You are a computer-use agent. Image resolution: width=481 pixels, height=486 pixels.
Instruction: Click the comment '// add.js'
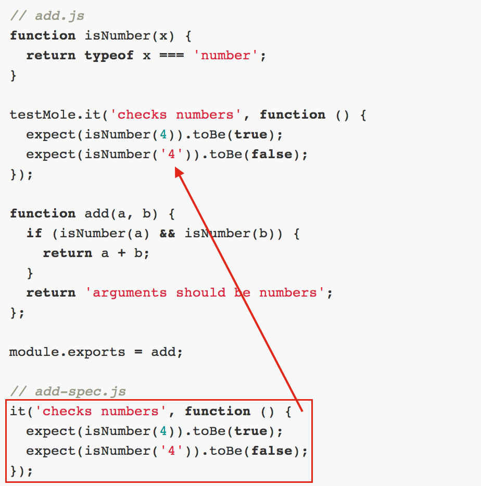[x=47, y=16]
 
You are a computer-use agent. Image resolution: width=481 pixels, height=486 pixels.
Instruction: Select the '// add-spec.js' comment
[x=68, y=391]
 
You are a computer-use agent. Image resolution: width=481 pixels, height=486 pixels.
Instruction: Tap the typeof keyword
[x=109, y=55]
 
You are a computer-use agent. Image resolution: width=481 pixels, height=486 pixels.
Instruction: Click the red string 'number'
[x=226, y=55]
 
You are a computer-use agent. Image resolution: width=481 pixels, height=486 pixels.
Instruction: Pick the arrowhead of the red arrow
[x=179, y=172]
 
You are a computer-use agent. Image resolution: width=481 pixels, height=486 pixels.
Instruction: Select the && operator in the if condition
[x=168, y=233]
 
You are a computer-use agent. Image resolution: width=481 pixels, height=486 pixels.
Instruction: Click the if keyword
[x=34, y=233]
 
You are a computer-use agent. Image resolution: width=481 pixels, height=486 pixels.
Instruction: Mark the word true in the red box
[x=251, y=431]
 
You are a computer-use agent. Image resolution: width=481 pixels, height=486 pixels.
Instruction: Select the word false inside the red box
[x=272, y=451]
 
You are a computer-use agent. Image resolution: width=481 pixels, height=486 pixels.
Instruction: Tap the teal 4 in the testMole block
[x=163, y=134]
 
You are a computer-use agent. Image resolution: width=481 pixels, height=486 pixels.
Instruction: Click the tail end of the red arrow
[x=301, y=410]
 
